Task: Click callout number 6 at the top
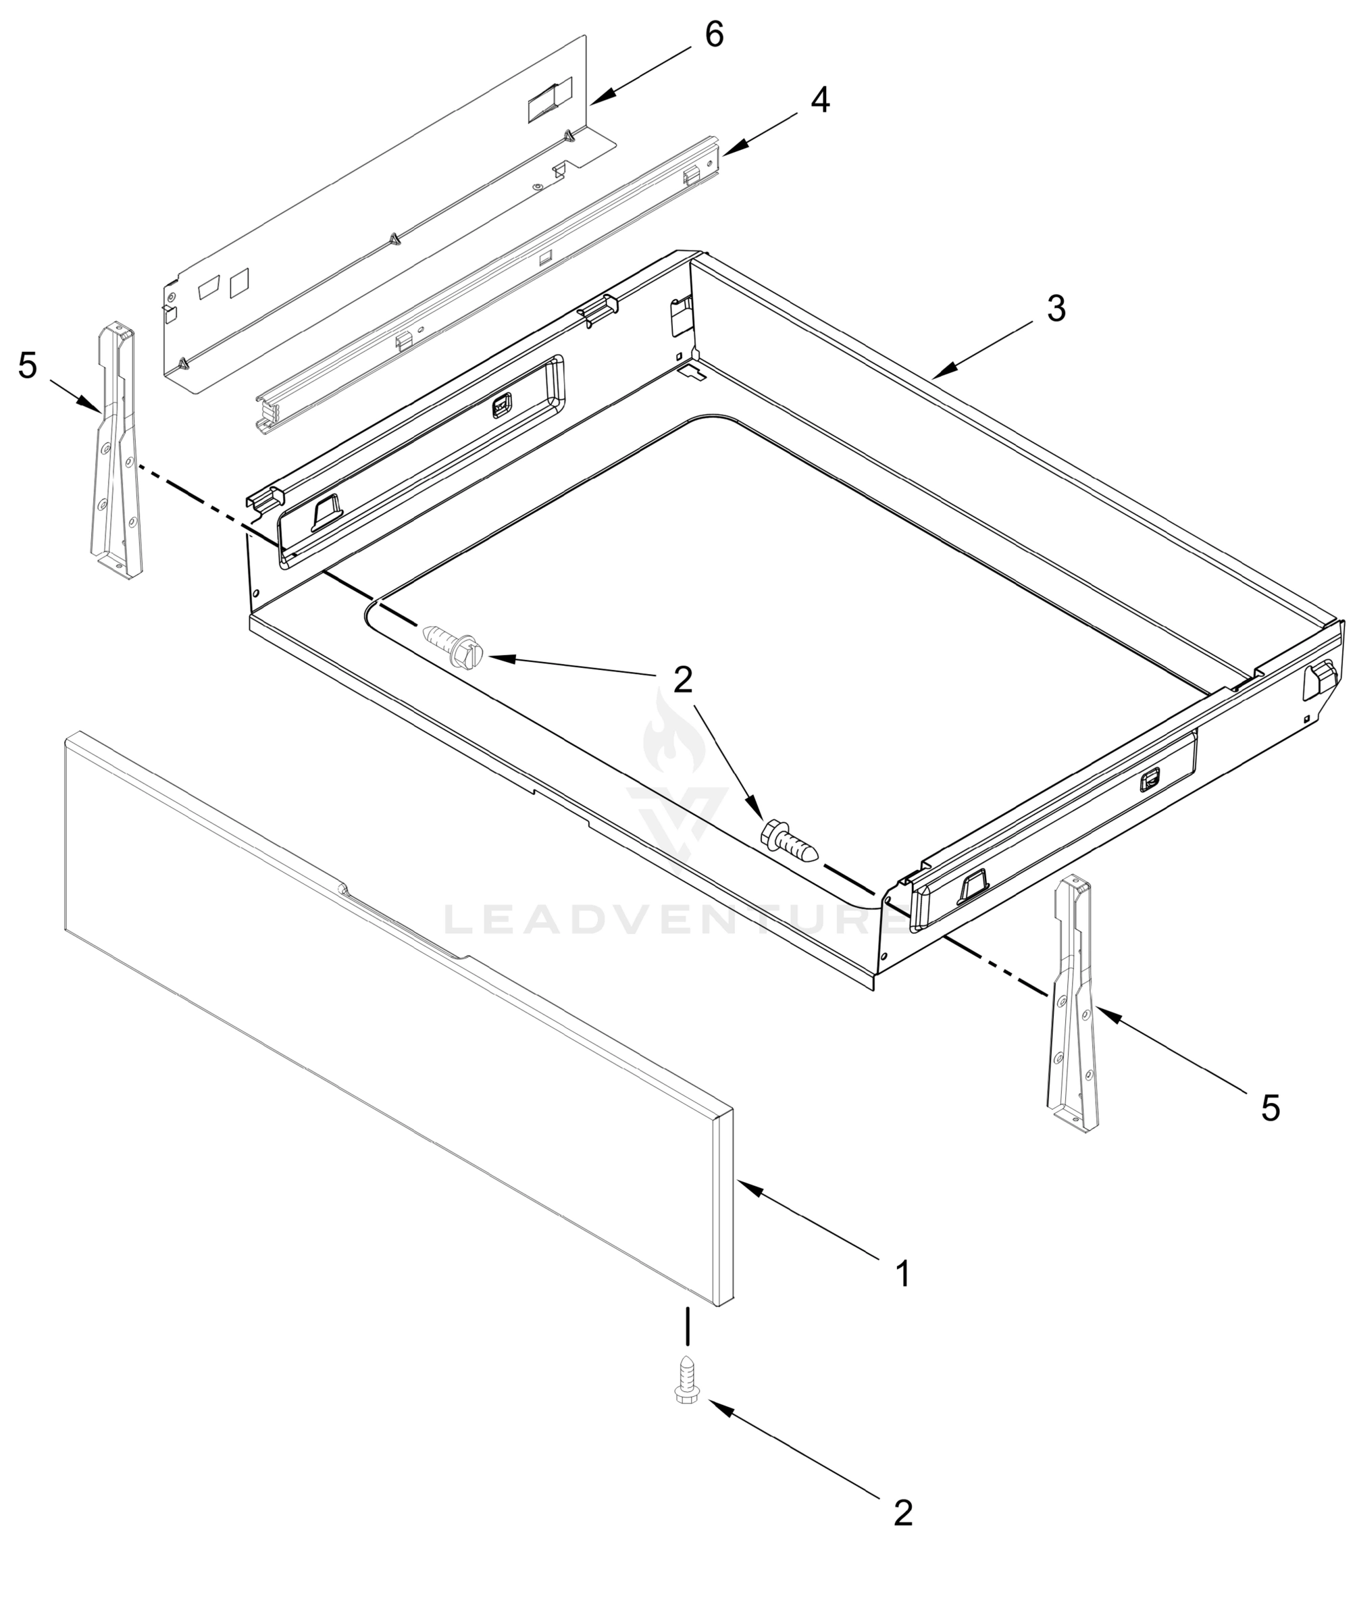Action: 714,34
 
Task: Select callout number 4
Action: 820,101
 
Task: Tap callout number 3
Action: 1056,309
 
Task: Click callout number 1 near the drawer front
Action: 902,1274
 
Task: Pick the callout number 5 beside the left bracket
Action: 28,365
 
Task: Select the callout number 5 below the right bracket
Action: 1270,1109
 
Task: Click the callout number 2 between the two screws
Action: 682,679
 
